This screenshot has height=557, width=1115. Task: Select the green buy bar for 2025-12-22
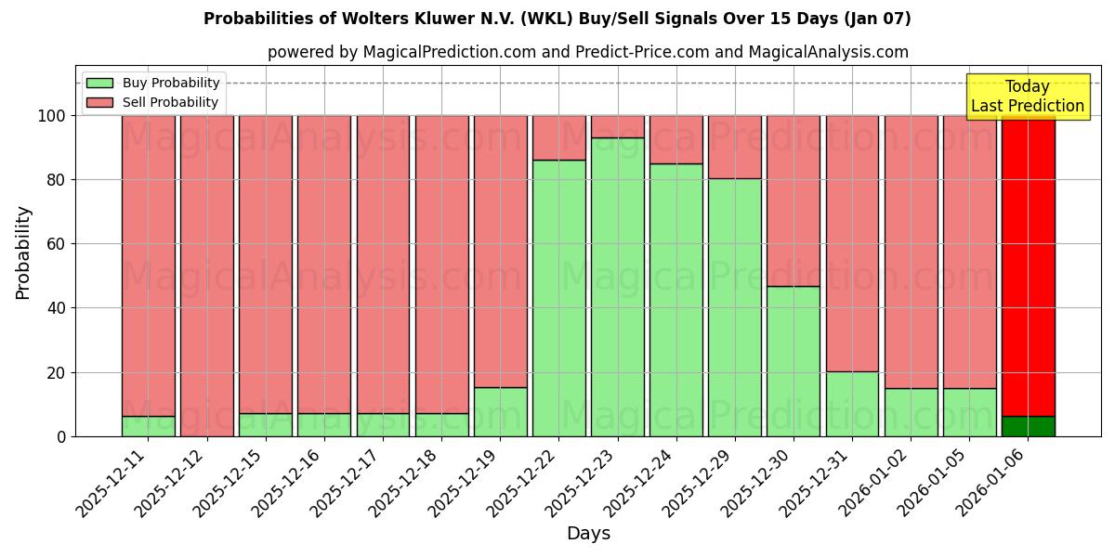(559, 298)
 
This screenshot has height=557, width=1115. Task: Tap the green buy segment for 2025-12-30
(794, 361)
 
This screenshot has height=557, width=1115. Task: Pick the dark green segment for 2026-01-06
(1028, 426)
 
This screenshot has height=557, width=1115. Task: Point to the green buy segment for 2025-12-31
(852, 404)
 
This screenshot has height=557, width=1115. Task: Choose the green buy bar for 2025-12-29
(735, 307)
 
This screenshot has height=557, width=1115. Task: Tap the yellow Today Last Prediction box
(1028, 97)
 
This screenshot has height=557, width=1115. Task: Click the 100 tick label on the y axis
(52, 116)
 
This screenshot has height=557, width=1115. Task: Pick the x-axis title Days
(588, 534)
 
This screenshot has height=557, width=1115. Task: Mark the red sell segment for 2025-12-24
(676, 139)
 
